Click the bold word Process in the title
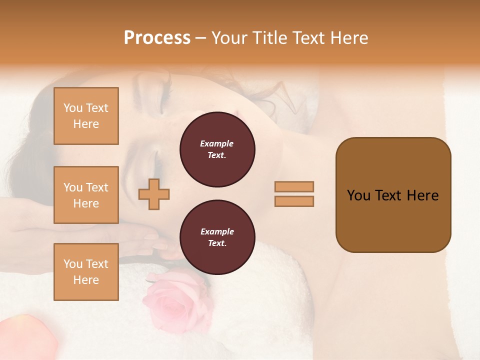pos(157,38)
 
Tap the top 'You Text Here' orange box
pos(86,116)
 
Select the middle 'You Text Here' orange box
pos(86,195)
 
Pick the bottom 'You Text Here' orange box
pos(86,272)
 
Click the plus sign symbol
pos(153,194)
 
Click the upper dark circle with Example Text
pos(217,149)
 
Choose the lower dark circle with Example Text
pos(217,237)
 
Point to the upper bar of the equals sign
pos(294,186)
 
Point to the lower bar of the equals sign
pos(294,201)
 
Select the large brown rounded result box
pos(393,195)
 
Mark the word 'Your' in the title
pos(230,38)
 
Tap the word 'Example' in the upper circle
pos(216,144)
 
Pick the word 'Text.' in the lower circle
pos(216,243)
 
